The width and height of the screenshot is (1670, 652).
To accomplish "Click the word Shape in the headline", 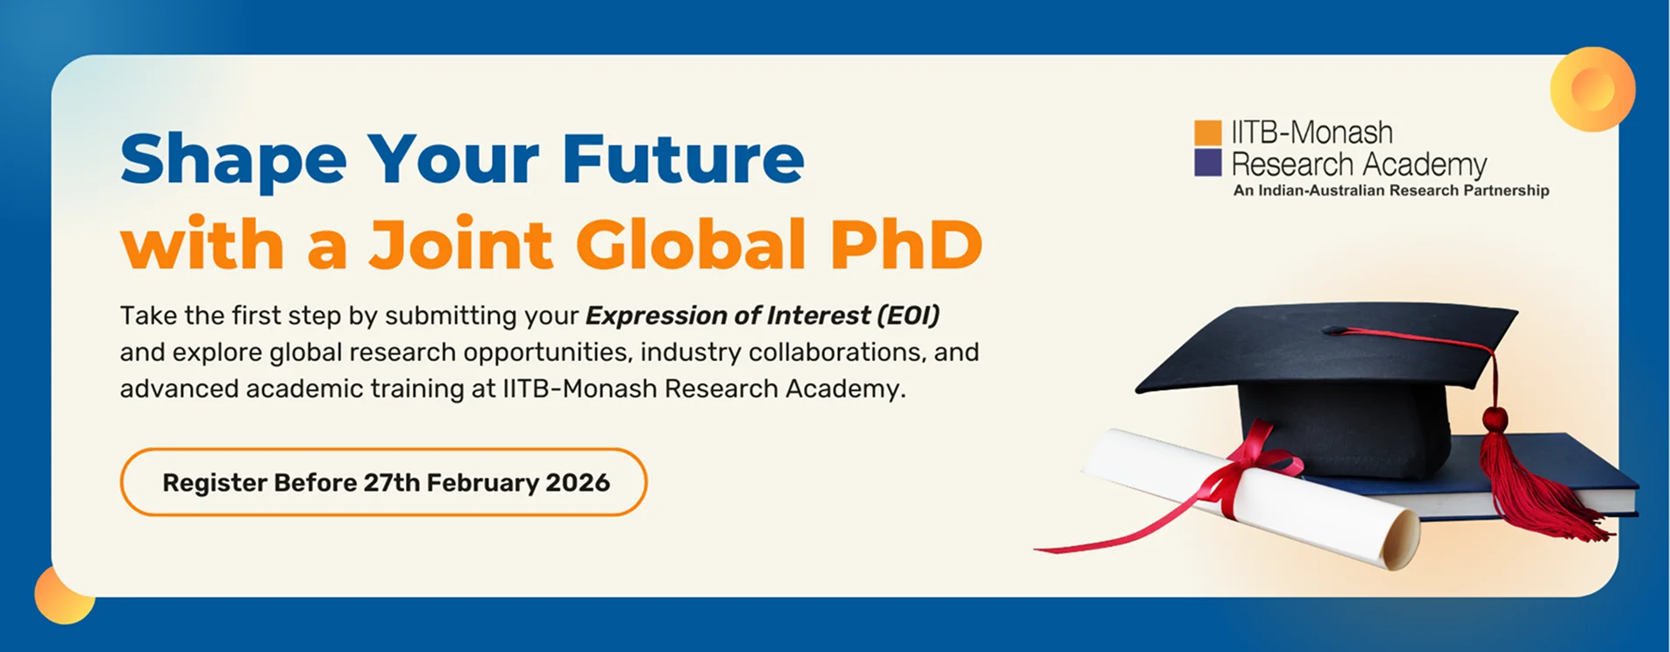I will (x=233, y=160).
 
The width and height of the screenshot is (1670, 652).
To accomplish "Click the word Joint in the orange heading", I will (x=459, y=244).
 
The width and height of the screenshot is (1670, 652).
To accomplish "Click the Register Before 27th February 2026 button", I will (x=383, y=482).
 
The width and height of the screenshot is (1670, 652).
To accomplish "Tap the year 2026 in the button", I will (x=577, y=483).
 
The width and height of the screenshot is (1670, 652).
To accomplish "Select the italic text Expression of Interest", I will (x=728, y=315).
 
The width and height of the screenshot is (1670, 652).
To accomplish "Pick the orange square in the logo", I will (x=1207, y=133).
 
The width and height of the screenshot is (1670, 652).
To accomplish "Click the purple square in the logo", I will (x=1207, y=163).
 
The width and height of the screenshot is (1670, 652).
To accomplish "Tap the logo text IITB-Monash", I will (x=1311, y=133).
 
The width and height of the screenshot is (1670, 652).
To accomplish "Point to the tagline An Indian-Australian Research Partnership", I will (x=1390, y=191).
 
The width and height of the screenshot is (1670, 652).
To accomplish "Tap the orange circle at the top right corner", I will (x=1592, y=89).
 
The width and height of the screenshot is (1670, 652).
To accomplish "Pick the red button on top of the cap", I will (x=1334, y=330).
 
